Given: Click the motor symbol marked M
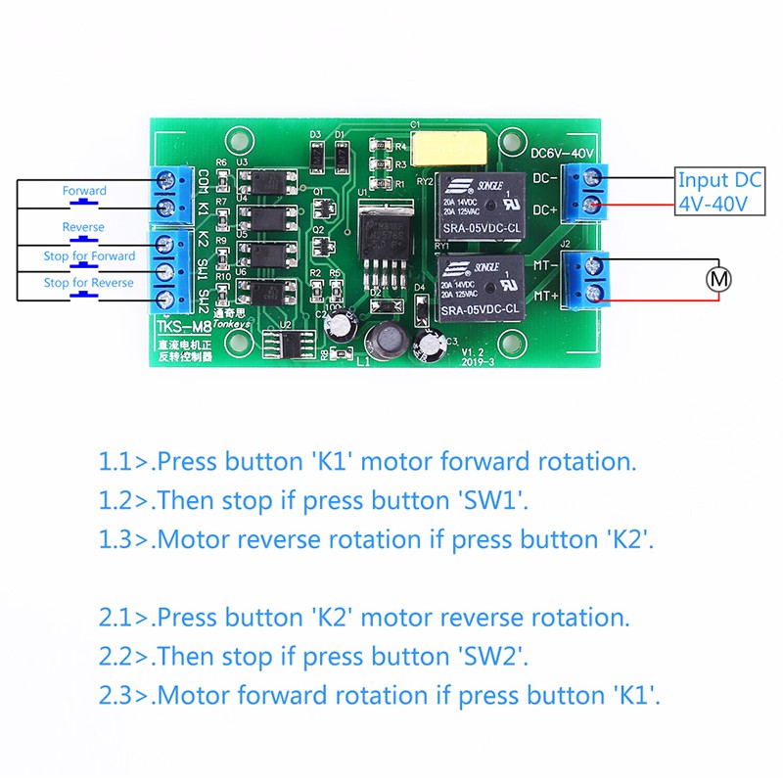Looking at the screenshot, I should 719,279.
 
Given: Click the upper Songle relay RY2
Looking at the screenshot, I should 480,204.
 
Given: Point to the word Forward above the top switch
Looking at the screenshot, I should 84,190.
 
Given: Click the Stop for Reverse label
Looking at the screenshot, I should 89,283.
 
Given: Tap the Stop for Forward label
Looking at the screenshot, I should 89,256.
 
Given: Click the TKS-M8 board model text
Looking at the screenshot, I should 182,326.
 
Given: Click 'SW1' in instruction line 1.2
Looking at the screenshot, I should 493,500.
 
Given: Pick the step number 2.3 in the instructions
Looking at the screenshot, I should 117,696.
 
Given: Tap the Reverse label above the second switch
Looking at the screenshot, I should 83,227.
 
